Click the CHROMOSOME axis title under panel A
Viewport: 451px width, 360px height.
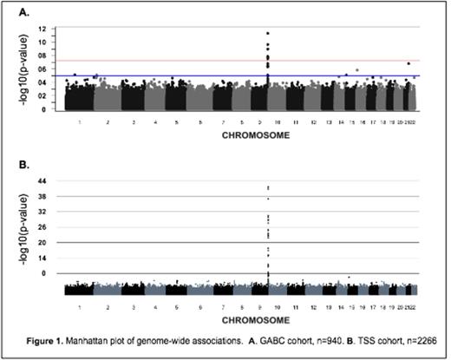[x=236, y=134]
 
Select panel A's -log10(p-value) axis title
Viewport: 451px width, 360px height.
[x=36, y=69]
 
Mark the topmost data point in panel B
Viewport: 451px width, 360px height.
[x=268, y=187]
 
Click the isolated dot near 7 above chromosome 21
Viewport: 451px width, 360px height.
[x=409, y=63]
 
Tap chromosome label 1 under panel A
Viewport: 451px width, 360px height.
[x=79, y=124]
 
